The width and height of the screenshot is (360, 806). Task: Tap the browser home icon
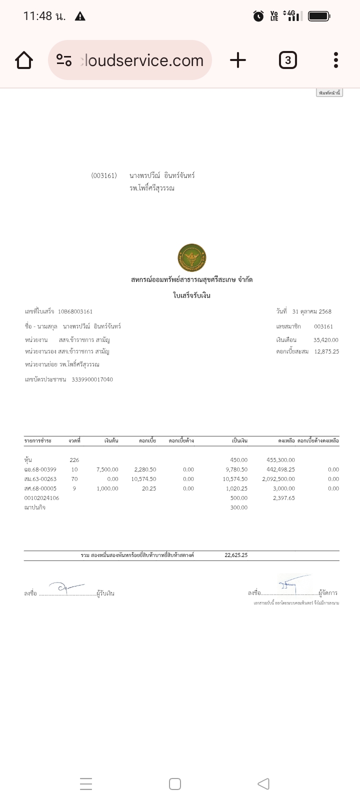coord(24,60)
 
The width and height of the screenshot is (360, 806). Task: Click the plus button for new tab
coord(238,60)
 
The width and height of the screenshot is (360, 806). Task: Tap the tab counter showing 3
coord(287,60)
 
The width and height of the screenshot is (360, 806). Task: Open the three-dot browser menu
coord(336,60)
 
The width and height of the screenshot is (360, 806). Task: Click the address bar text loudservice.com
coord(144,60)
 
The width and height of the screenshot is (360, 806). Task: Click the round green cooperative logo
coord(192,258)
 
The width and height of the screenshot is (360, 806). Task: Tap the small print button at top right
coord(329,93)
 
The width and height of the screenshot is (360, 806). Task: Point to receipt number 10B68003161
coord(75,311)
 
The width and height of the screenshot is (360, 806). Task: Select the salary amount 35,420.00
coord(325,340)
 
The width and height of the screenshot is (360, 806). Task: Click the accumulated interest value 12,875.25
coord(326,351)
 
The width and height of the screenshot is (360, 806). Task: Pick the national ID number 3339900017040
coord(92,379)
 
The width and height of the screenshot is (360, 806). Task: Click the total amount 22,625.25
coord(236,555)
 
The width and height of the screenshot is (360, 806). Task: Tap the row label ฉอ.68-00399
coord(40,469)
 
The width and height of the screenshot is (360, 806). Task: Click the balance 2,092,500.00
coord(278,479)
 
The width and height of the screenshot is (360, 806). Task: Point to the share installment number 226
coord(74,460)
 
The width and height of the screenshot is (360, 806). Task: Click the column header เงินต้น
coord(111,441)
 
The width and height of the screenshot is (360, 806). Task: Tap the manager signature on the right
coord(291,584)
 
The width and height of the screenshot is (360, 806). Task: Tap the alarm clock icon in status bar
coord(258,16)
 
